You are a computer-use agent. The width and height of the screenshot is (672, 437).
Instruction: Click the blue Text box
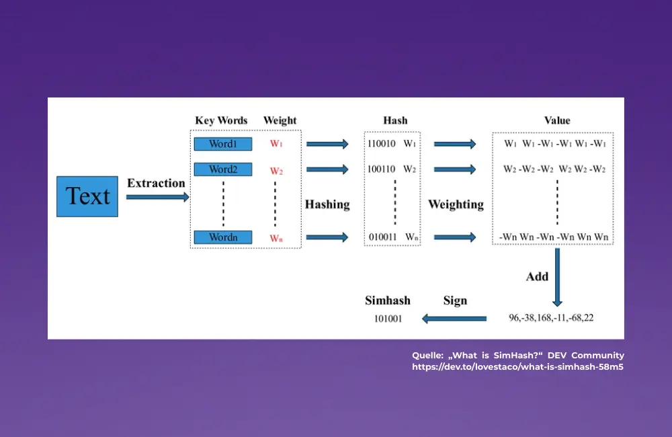click(87, 196)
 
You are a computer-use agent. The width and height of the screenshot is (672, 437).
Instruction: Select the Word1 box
click(222, 144)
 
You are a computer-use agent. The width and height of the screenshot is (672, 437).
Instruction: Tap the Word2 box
click(222, 169)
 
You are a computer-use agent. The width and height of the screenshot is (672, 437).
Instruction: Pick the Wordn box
click(222, 237)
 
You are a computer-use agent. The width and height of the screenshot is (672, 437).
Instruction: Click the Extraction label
click(156, 183)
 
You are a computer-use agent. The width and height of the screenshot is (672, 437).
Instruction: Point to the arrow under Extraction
click(158, 197)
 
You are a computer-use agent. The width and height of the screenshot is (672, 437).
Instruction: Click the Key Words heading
click(221, 121)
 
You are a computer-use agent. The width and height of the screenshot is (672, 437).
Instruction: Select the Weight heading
click(280, 121)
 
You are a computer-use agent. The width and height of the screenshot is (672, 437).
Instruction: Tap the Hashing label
click(327, 204)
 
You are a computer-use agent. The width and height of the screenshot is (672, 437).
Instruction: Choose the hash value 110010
click(381, 144)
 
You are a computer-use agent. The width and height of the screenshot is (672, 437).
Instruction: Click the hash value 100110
click(381, 169)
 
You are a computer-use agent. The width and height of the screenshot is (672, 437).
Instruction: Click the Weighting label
click(456, 204)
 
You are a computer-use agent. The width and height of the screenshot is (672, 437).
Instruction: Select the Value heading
click(556, 121)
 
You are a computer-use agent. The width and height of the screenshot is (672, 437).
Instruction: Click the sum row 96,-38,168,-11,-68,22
click(551, 318)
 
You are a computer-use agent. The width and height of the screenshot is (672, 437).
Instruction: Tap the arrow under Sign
click(454, 318)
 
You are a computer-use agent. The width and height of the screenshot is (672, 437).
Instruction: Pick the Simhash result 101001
click(388, 319)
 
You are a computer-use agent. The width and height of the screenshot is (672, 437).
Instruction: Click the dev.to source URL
click(517, 367)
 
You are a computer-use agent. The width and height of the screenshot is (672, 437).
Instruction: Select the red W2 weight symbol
click(276, 171)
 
